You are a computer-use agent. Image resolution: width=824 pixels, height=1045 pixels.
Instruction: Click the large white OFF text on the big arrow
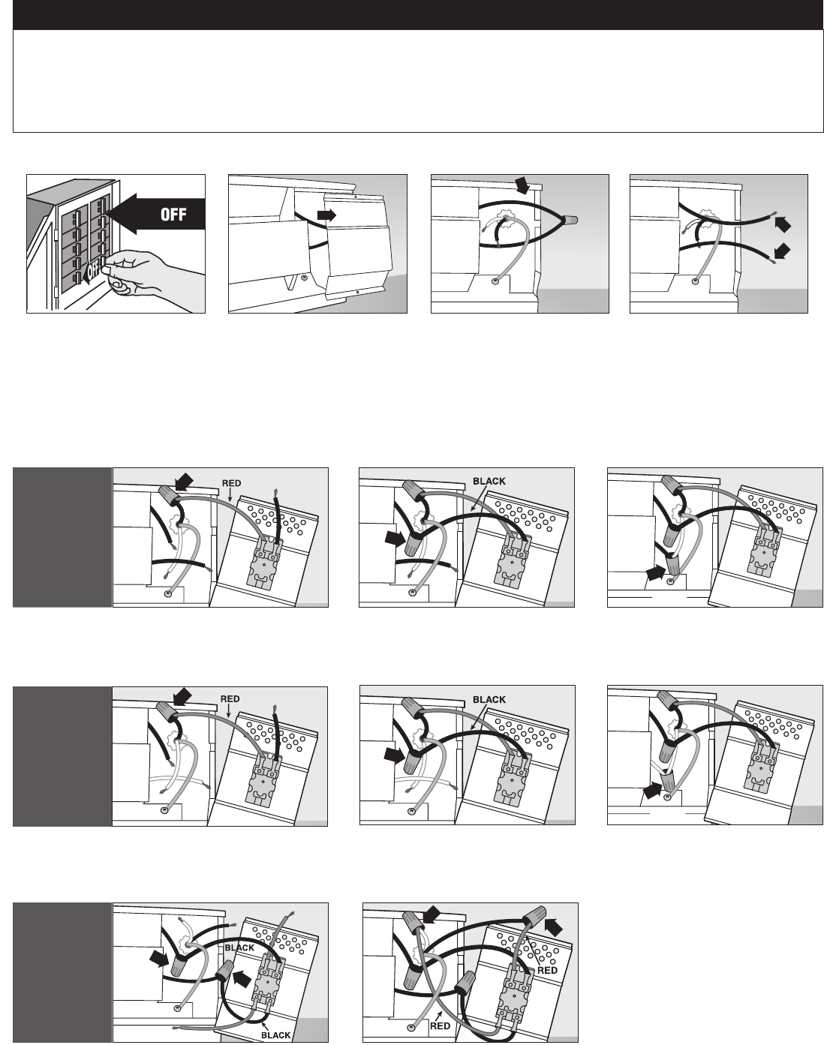[x=173, y=214]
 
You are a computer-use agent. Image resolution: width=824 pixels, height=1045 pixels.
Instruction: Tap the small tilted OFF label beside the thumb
[x=93, y=269]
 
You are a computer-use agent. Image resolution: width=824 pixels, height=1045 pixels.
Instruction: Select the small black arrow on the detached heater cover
[x=326, y=216]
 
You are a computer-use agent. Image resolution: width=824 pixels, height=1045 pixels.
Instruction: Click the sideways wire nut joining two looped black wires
[x=570, y=220]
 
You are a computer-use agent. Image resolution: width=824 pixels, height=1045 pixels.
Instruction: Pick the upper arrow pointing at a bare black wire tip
[x=783, y=224]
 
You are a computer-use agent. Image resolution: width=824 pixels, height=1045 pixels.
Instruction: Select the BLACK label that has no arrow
[x=239, y=947]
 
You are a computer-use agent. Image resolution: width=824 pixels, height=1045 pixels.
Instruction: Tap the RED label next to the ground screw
[x=440, y=1025]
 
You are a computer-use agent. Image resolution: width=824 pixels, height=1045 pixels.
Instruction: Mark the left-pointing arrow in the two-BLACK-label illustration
[x=242, y=978]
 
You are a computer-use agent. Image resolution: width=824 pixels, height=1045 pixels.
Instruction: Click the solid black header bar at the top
[x=418, y=15]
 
